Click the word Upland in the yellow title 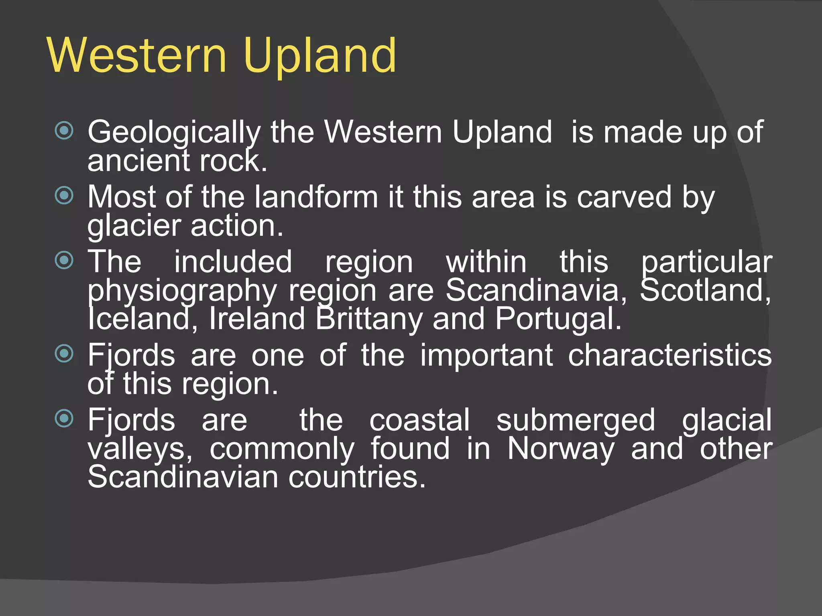click(320, 56)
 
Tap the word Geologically click(174, 132)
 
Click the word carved click(624, 197)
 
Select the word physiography click(182, 291)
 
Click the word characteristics click(669, 355)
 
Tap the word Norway click(560, 449)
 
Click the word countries click(356, 477)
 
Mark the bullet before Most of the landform click(64, 196)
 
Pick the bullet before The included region click(64, 260)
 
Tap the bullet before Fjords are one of click(64, 354)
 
